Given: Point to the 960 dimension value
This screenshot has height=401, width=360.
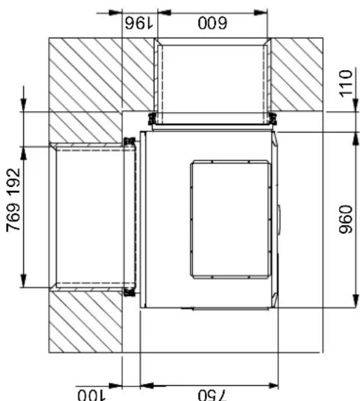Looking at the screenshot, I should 347,220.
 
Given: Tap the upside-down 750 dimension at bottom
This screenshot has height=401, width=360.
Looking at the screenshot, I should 208,393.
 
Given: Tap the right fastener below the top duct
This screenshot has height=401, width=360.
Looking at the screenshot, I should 271,117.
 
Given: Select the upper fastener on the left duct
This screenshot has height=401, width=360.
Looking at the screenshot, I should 128,142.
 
